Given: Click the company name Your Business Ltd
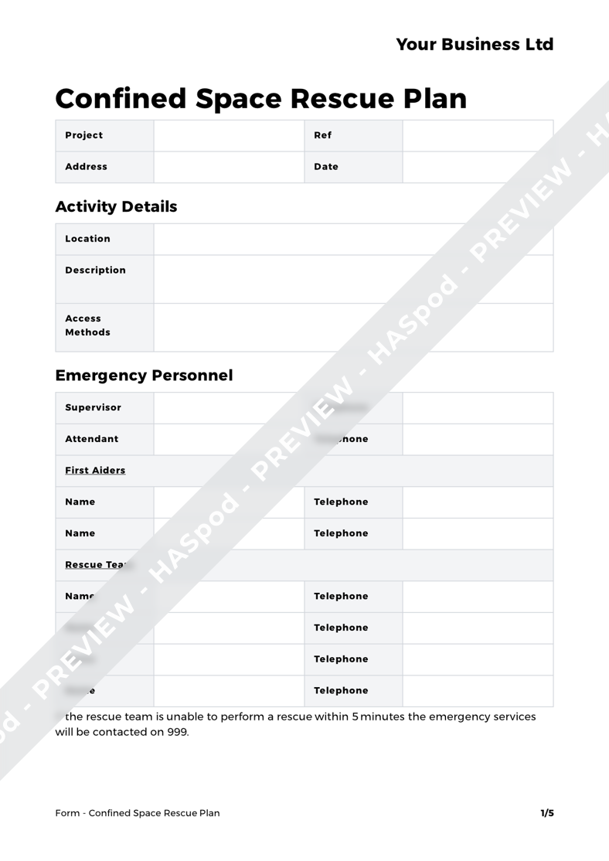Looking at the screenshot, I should click(x=475, y=45).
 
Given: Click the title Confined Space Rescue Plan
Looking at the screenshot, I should click(x=261, y=98).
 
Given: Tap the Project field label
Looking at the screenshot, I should click(x=84, y=135).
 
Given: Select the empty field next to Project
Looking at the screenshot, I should click(x=229, y=135).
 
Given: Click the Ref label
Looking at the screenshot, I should click(x=322, y=135).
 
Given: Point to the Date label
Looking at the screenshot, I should click(x=326, y=166).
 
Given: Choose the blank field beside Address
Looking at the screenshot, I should click(x=229, y=167).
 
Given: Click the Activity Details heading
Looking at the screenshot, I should click(x=117, y=206).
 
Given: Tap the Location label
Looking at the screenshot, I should click(x=87, y=239).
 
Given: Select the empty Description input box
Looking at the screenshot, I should click(x=353, y=279).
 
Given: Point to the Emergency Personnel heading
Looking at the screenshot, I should click(x=144, y=376).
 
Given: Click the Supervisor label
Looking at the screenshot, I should click(x=93, y=407).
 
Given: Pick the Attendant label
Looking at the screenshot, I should click(x=92, y=439).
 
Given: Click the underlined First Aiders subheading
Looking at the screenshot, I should click(x=95, y=470).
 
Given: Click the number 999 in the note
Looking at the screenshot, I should click(x=177, y=732).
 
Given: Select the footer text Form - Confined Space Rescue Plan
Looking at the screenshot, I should click(x=138, y=813).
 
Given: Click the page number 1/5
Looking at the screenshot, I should click(x=546, y=813).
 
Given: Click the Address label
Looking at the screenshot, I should click(x=86, y=166).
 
